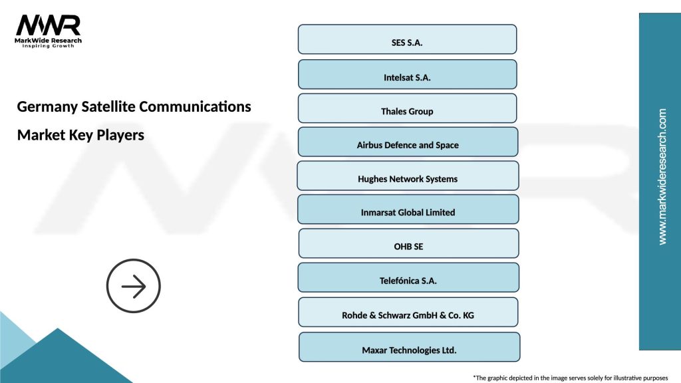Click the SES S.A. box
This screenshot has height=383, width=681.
(x=407, y=39)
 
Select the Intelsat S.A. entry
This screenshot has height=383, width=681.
(x=407, y=74)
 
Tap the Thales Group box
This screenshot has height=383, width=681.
(x=407, y=108)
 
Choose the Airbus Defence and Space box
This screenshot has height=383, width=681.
(x=408, y=142)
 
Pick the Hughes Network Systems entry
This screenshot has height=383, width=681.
(x=408, y=176)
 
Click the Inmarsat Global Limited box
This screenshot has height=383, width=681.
(x=408, y=209)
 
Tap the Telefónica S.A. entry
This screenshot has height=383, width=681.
(x=408, y=277)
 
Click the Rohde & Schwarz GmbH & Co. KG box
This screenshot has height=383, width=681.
(x=408, y=313)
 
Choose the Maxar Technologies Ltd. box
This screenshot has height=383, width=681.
(x=409, y=347)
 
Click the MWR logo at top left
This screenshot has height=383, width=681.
(x=48, y=26)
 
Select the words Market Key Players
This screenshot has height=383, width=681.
(x=80, y=135)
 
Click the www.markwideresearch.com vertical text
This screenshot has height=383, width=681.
(x=662, y=177)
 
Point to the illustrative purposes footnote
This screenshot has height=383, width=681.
(x=570, y=377)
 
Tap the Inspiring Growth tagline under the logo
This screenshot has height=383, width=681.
(x=49, y=47)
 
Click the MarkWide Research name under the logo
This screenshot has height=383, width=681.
(x=49, y=41)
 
